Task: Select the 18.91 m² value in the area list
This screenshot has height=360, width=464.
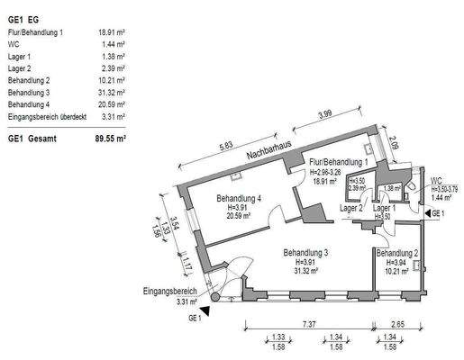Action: pos(111,31)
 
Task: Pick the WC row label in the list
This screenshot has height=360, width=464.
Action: pos(14,43)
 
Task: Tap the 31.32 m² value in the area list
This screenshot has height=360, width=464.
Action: pos(111,92)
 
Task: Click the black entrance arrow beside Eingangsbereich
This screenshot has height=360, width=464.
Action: pos(206,310)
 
